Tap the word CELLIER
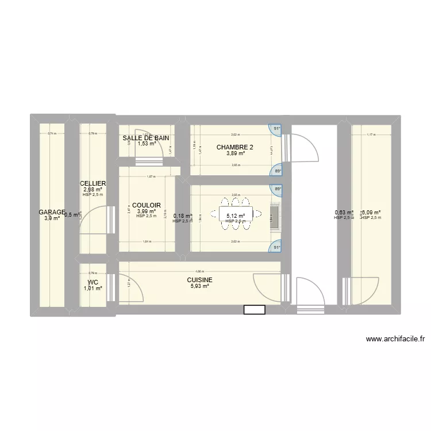(93, 183)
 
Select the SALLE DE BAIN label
(146, 138)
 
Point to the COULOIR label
(146, 205)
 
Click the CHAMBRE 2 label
(234, 147)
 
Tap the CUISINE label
(199, 280)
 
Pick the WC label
(93, 282)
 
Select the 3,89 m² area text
(234, 153)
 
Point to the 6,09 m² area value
(371, 212)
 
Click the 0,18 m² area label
(182, 216)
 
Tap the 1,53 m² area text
(146, 144)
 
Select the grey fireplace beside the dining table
(274, 217)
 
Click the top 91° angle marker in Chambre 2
(277, 129)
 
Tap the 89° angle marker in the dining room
(278, 189)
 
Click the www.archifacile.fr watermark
(395, 340)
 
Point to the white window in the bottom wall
(254, 309)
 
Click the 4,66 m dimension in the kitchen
(199, 271)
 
